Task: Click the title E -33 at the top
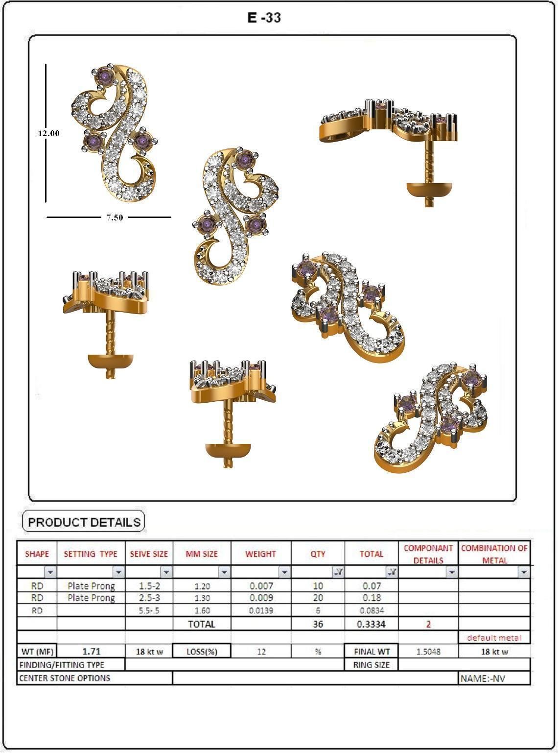(x=264, y=18)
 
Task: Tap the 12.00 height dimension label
(x=49, y=133)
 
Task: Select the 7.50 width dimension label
(x=115, y=218)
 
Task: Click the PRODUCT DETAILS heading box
(x=84, y=522)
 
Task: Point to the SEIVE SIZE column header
(x=149, y=554)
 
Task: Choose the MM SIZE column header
(x=202, y=554)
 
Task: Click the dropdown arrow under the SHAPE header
(x=50, y=572)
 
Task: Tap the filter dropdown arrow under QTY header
(x=338, y=572)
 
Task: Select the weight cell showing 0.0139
(x=260, y=610)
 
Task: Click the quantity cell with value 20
(x=318, y=598)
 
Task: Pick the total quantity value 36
(x=318, y=624)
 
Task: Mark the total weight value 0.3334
(x=371, y=624)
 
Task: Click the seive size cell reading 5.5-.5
(x=149, y=610)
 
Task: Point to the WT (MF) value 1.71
(x=91, y=651)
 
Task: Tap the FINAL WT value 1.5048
(x=428, y=652)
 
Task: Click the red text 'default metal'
(x=494, y=637)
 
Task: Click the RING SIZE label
(x=371, y=665)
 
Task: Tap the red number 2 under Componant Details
(x=428, y=624)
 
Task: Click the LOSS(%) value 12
(x=261, y=652)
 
